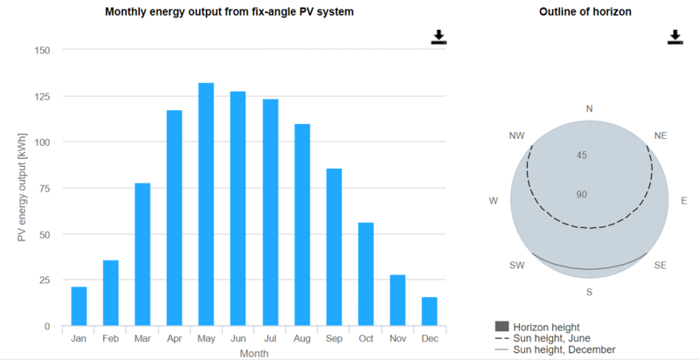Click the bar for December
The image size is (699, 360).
click(x=429, y=311)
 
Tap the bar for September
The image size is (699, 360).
click(x=334, y=247)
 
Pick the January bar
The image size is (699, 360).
click(x=79, y=306)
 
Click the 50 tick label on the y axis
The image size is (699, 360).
click(x=43, y=234)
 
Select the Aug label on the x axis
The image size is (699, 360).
click(x=301, y=338)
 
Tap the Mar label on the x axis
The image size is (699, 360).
click(x=142, y=338)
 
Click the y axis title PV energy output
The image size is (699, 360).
click(x=21, y=188)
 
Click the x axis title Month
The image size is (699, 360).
click(x=253, y=352)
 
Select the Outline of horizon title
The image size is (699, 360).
click(x=585, y=12)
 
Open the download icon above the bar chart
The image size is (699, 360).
click(x=439, y=37)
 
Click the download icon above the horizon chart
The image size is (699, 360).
click(x=675, y=37)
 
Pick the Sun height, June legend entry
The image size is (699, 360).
click(x=553, y=337)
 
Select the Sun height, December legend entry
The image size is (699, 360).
click(x=564, y=350)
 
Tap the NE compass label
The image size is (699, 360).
click(x=660, y=136)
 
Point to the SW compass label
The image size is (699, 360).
click(x=516, y=264)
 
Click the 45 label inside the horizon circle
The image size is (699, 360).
click(x=581, y=155)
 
